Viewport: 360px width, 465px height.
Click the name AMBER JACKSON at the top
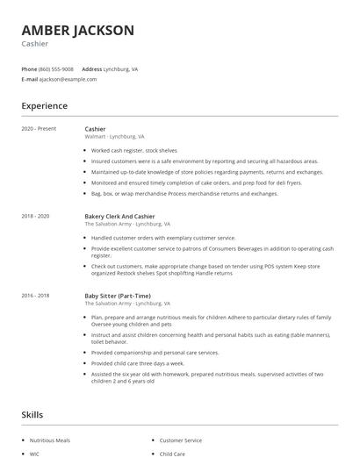[78, 30]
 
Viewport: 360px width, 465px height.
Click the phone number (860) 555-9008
[56, 68]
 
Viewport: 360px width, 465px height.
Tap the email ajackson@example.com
[68, 79]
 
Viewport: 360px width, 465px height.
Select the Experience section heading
[45, 106]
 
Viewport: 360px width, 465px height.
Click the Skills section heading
[32, 413]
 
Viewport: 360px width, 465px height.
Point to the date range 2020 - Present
[39, 129]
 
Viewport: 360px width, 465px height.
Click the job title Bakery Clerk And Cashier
[119, 216]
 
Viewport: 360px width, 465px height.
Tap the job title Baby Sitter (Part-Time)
[119, 296]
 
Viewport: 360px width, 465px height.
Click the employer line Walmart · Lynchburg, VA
[114, 137]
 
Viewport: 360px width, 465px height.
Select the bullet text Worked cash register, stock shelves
[133, 151]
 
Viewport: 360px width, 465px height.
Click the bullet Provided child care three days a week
[138, 362]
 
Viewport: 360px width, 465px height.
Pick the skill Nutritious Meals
[50, 440]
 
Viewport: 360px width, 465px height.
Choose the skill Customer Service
[180, 440]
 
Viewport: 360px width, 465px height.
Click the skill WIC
[35, 454]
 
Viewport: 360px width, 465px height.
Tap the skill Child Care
[172, 454]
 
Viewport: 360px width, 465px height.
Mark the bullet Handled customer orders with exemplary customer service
[163, 238]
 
